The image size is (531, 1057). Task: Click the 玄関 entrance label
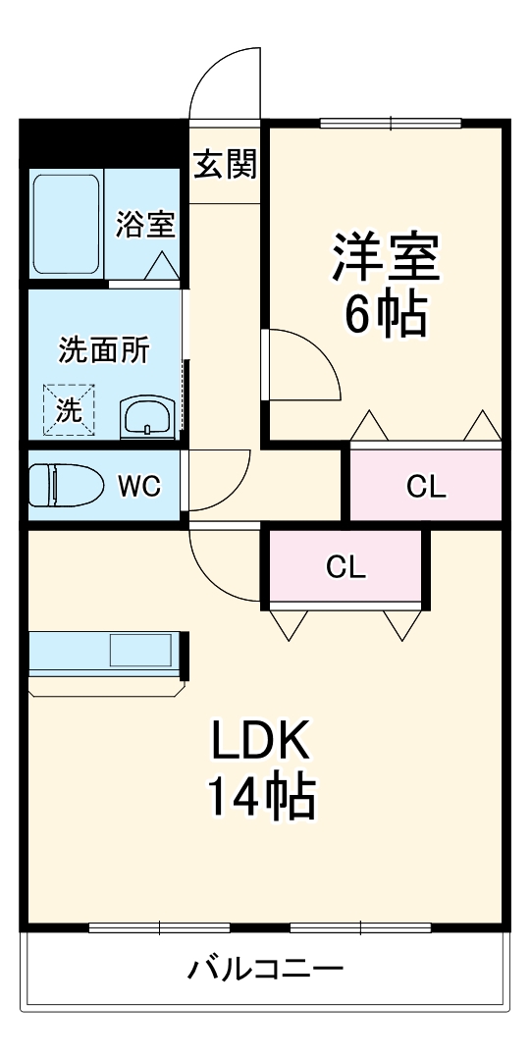[x=225, y=165]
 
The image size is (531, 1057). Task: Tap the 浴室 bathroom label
[x=146, y=225]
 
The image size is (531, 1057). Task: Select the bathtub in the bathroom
[x=67, y=225]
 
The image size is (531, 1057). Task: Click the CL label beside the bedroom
[x=426, y=486]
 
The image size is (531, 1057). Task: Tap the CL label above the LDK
[x=345, y=567]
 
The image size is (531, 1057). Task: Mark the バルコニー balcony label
[x=266, y=972]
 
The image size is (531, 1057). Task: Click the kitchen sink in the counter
[x=140, y=650]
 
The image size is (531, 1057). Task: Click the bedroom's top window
[x=391, y=123]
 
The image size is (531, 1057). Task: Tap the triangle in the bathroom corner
[x=161, y=264]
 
